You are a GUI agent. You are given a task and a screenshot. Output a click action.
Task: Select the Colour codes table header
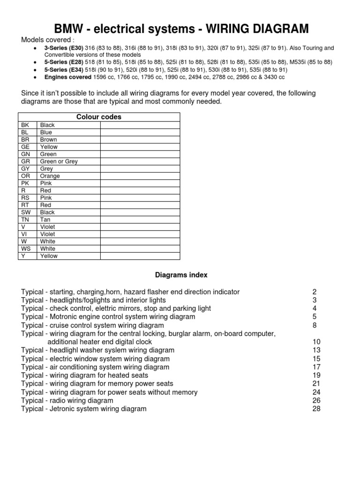99,117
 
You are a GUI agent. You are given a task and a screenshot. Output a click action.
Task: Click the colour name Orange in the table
50,176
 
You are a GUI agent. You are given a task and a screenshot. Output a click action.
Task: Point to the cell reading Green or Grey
59,161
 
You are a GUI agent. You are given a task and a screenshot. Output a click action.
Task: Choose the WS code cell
26,248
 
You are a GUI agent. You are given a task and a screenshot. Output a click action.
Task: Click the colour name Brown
49,140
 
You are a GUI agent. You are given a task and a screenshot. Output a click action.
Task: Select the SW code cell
26,212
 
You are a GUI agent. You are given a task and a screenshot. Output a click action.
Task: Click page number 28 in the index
316,409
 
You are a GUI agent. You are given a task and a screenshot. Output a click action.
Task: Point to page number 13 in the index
316,350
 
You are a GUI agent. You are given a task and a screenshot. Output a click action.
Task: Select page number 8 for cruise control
315,325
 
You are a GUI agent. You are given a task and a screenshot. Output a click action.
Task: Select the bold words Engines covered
67,77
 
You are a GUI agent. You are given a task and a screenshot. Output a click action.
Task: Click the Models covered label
46,39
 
